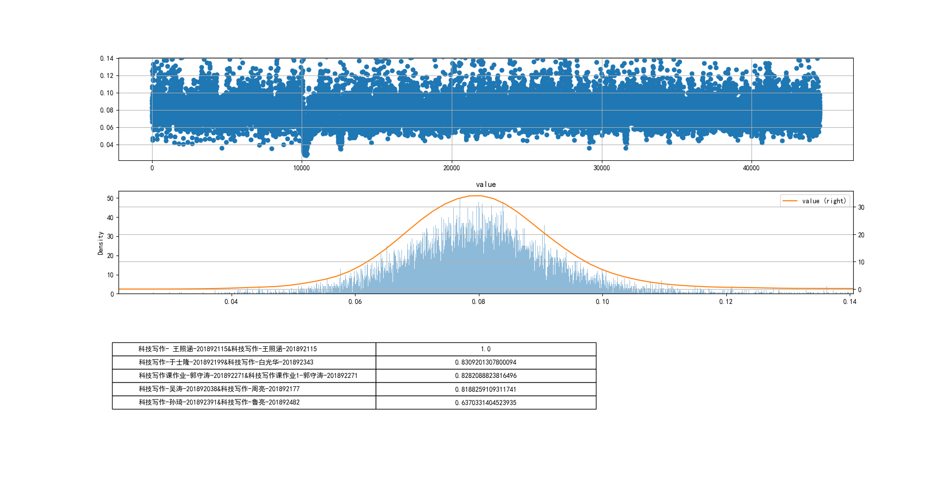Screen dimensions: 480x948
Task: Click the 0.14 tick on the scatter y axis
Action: pos(107,59)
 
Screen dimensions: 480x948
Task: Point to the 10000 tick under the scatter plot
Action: pos(302,168)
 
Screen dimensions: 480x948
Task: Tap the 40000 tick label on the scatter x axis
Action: pos(751,168)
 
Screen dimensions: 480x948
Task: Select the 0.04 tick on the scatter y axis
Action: pos(107,145)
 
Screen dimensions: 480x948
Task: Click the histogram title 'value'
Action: pos(486,185)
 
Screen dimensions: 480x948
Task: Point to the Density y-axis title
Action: pos(101,243)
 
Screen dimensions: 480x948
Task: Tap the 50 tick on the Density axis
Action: pos(110,198)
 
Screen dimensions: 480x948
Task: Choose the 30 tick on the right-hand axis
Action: pos(861,208)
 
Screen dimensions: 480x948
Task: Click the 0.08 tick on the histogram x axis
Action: pos(478,302)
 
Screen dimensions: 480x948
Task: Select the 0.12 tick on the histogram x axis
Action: pos(726,302)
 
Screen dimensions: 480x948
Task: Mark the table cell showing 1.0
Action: pos(486,349)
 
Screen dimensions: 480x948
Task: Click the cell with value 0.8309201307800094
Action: pos(486,363)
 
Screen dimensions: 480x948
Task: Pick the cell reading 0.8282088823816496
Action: pos(486,376)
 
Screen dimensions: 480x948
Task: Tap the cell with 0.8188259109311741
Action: pos(486,389)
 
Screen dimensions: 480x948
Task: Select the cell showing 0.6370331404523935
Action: pos(486,403)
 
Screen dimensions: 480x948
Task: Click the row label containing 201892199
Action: pos(226,363)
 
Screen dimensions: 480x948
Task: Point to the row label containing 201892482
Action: pos(219,403)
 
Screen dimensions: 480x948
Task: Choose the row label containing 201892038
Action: pos(219,389)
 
